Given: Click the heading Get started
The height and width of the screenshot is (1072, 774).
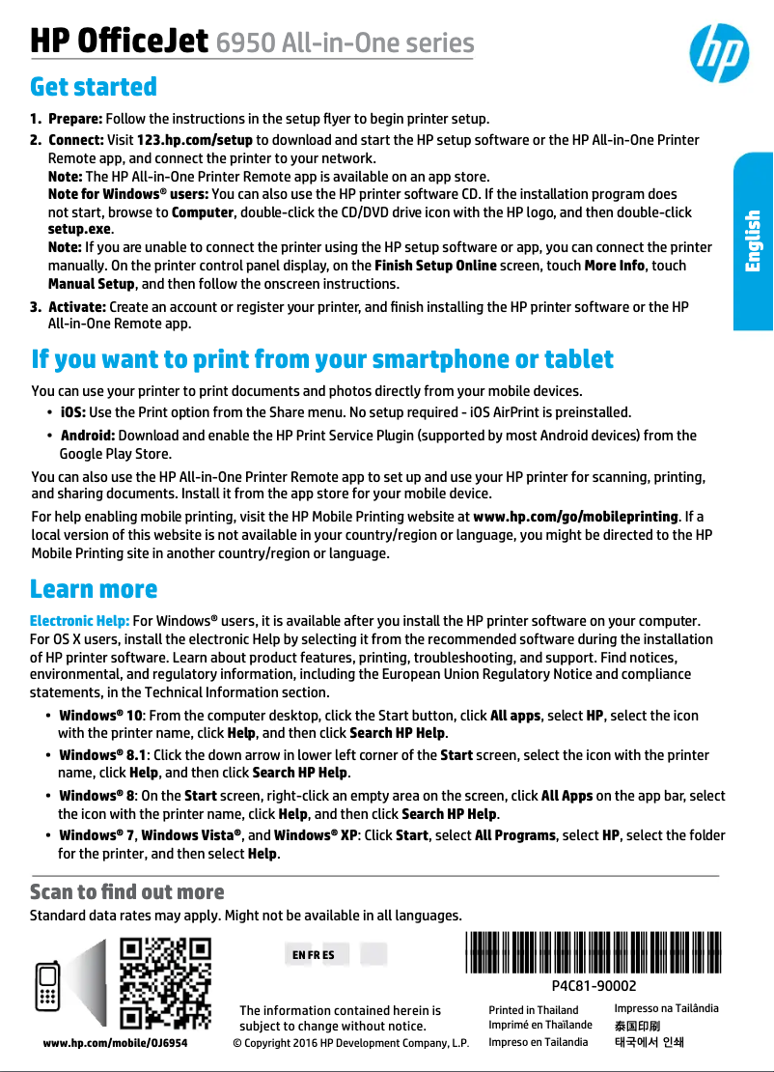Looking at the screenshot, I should pos(94,87).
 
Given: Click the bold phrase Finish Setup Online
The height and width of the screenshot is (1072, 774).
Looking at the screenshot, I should pos(435,266).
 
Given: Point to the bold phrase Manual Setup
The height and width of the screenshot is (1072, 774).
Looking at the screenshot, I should pos(92,284).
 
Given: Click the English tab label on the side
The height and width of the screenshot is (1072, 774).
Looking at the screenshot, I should pos(753,241).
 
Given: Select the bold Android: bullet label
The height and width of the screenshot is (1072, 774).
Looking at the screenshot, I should pos(87,436).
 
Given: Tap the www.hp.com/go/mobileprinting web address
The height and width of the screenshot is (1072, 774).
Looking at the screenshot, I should pos(576,517).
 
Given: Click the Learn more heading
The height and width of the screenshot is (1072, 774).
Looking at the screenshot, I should pos(94,589).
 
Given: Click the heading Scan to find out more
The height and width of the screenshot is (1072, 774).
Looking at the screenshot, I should pos(127,891).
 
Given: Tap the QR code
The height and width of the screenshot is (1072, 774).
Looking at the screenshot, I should pos(165,983).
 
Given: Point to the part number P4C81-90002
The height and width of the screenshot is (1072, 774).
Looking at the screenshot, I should pos(594,986).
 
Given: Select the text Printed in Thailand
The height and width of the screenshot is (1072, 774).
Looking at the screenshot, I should pos(534,1010).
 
